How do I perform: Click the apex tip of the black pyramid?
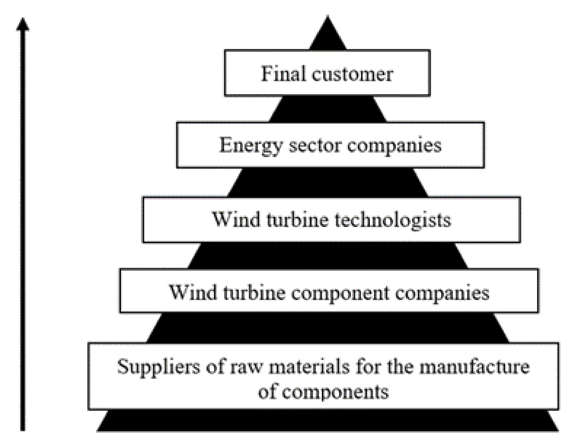click(x=328, y=18)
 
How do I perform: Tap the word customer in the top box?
click(x=352, y=74)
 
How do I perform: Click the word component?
click(x=340, y=293)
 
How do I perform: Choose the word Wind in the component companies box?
click(x=193, y=292)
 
